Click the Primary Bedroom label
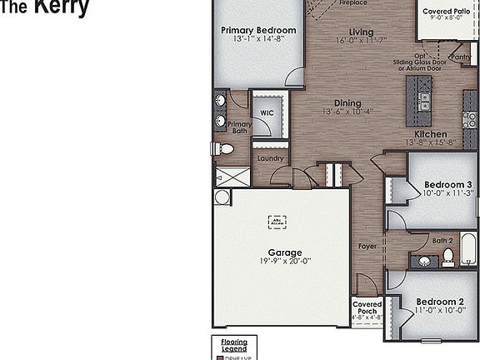click(258, 31)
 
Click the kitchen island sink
click(424, 101)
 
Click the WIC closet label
click(267, 112)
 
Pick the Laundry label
click(270, 158)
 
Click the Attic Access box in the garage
click(277, 222)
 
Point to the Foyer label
click(367, 247)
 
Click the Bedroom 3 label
click(448, 184)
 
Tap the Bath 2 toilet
click(447, 257)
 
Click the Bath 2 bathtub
click(470, 249)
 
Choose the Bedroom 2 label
click(441, 301)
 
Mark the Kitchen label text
click(431, 133)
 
